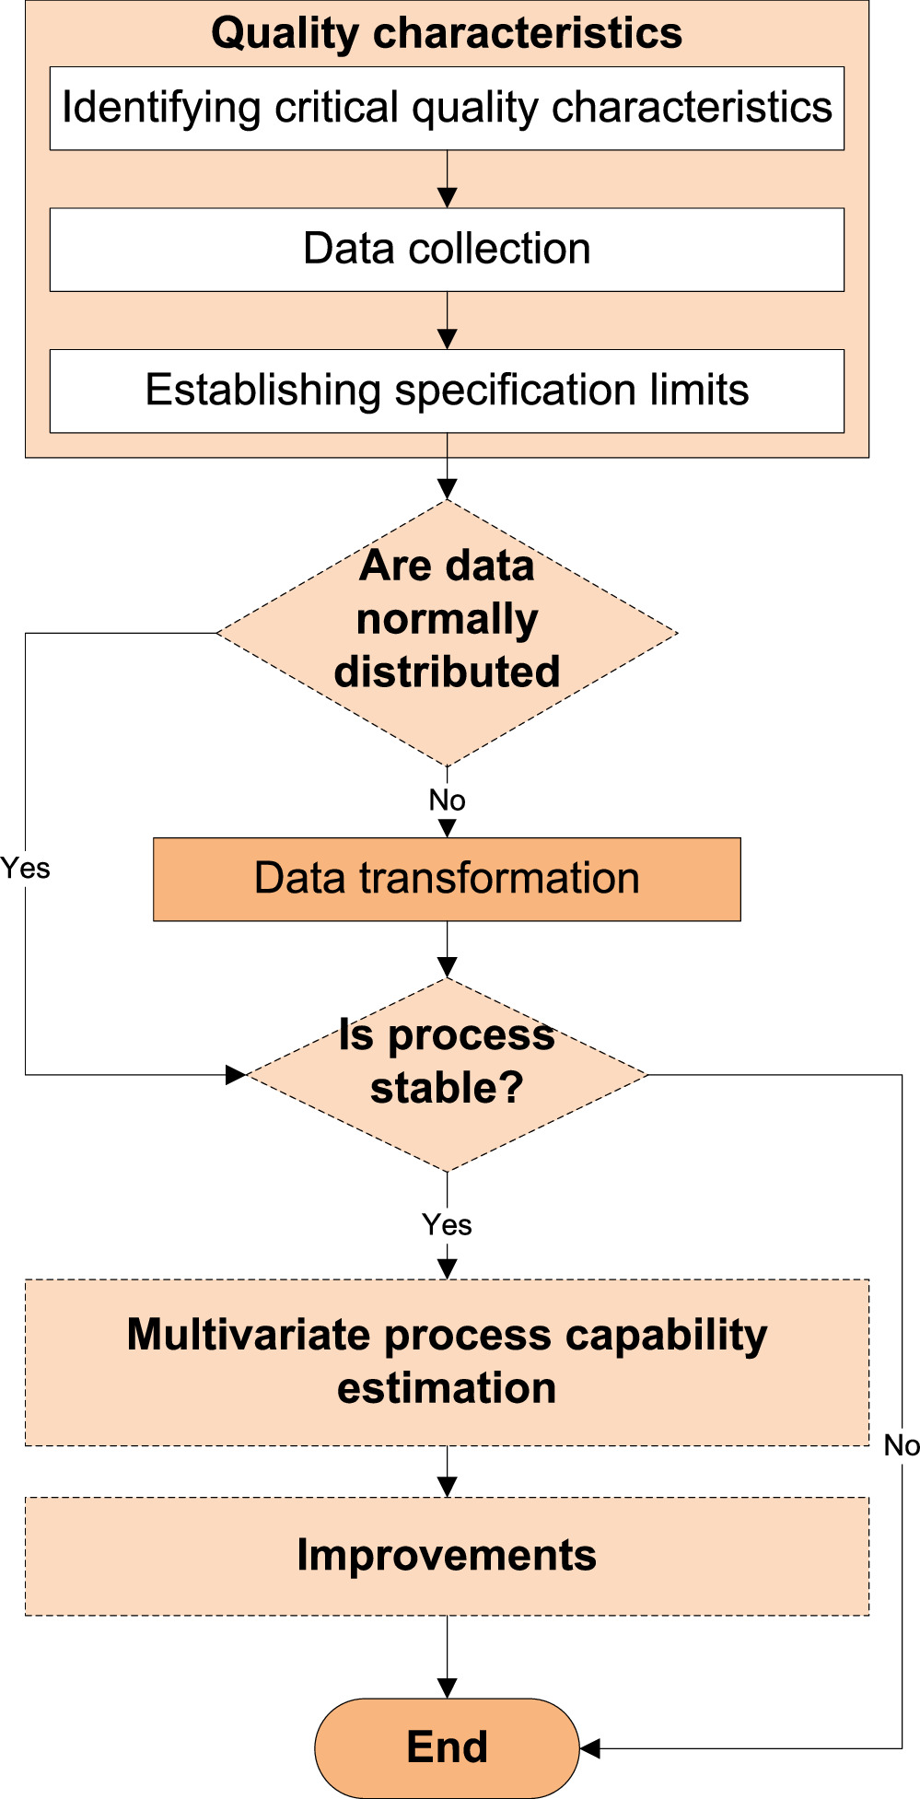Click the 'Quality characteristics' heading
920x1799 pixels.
pos(447,33)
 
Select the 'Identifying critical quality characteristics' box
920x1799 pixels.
pos(447,108)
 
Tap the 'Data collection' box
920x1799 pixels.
pos(447,249)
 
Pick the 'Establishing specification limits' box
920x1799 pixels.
pos(447,390)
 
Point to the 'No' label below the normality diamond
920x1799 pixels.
pos(447,800)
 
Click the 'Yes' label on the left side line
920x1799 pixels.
pos(25,869)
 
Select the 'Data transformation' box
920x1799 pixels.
pos(447,879)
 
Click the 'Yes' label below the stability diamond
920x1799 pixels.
pos(447,1225)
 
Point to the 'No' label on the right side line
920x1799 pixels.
pos(902,1445)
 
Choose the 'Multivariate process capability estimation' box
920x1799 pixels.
pos(447,1361)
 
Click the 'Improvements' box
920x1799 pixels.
pos(447,1556)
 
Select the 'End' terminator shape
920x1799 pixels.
pos(447,1747)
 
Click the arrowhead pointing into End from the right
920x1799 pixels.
pos(590,1747)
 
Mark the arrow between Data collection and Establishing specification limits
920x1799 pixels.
pos(447,321)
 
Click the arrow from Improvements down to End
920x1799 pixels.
pos(447,1657)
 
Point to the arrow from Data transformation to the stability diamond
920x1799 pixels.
pos(447,951)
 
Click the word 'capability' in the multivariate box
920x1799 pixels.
pos(666,1336)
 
